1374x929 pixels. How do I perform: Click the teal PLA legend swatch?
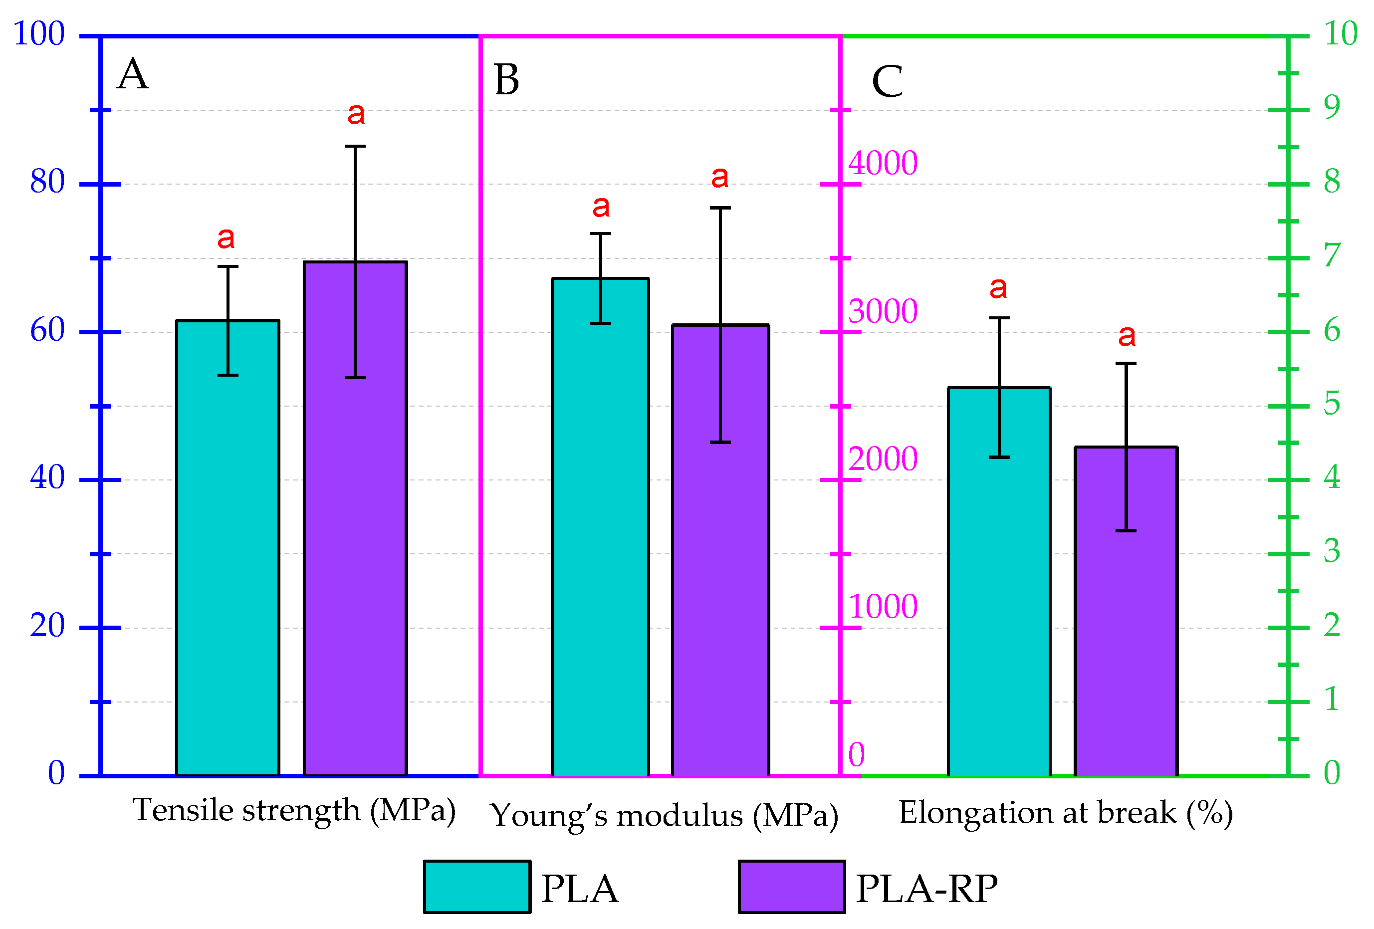click(x=477, y=887)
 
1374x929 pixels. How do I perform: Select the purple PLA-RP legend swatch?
click(x=791, y=887)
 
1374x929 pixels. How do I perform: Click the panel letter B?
click(x=507, y=80)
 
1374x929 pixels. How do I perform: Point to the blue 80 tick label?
click(x=47, y=182)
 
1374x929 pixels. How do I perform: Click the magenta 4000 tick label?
click(x=883, y=163)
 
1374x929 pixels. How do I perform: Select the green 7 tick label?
click(x=1332, y=255)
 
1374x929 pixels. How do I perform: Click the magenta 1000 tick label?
click(x=883, y=607)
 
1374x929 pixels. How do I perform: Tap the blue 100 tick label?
click(x=39, y=34)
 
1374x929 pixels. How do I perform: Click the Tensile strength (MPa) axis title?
click(x=294, y=810)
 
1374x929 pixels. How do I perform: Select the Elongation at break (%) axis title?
click(x=1065, y=813)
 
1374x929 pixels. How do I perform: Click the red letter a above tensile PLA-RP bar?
click(x=356, y=114)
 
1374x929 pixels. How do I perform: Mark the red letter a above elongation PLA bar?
click(x=998, y=288)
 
